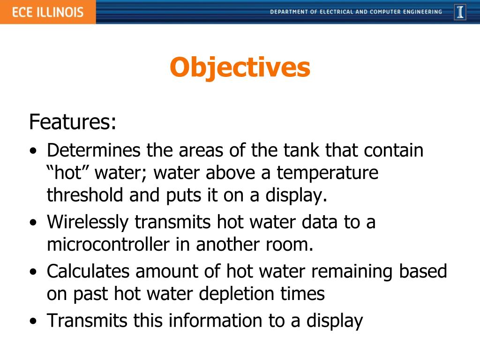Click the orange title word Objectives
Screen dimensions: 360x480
pos(240,68)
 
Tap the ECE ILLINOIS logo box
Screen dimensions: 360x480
pos(47,12)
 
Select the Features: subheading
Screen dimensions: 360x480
pos(73,122)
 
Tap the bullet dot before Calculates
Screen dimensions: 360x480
pos(32,272)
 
